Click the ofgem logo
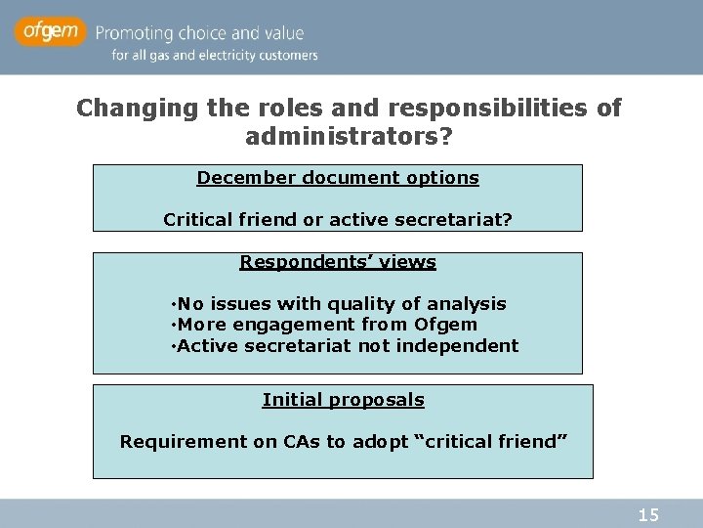click(x=51, y=31)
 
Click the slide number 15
click(x=648, y=514)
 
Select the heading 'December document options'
click(x=338, y=178)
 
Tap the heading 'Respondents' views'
click(x=338, y=262)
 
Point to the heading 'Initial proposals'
click(x=343, y=400)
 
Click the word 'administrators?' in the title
click(x=349, y=137)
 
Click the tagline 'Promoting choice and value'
click(x=207, y=32)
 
